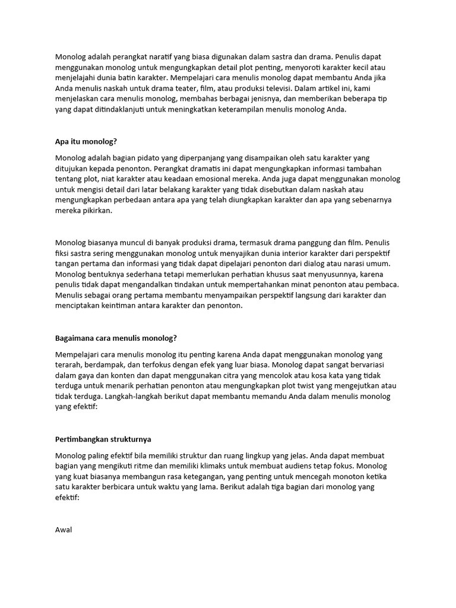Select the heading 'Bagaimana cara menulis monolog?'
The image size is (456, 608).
(116, 338)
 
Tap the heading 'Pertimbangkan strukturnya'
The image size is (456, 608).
(103, 439)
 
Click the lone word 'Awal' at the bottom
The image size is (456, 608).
(63, 530)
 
